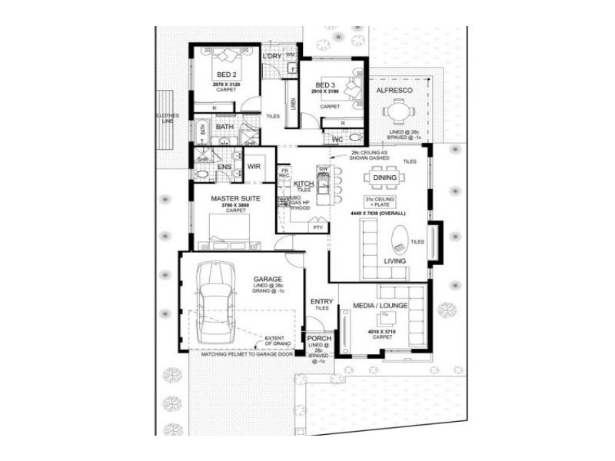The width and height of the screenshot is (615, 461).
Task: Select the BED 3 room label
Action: (324, 85)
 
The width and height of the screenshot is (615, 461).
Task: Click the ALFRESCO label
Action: (395, 91)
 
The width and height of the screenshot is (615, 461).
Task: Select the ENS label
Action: (224, 167)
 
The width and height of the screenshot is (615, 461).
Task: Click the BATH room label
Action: (224, 127)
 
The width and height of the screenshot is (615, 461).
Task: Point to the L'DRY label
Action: (271, 57)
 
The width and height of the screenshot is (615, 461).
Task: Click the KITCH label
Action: (304, 185)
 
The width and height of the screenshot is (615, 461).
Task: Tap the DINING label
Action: (384, 178)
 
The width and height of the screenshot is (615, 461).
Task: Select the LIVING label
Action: (395, 261)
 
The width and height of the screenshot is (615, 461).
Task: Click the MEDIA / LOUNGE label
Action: (380, 306)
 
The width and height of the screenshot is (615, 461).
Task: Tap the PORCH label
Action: (319, 339)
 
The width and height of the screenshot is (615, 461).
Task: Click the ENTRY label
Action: (321, 301)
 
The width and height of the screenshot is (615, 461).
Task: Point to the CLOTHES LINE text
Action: (167, 118)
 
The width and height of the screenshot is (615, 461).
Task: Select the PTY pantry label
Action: (317, 227)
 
